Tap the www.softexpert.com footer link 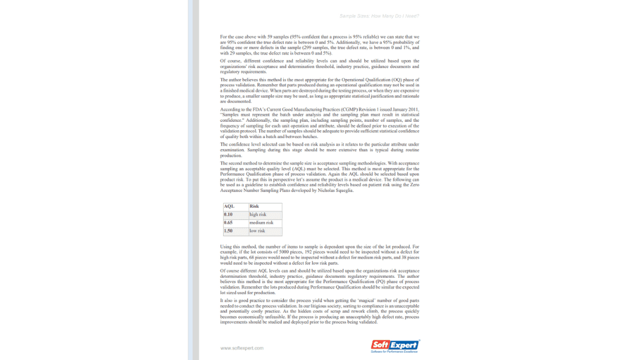point(242,348)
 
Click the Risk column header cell point(265,206)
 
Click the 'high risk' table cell point(265,214)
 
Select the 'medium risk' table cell point(265,223)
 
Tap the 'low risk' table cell point(265,231)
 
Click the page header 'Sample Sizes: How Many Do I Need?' point(379,16)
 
